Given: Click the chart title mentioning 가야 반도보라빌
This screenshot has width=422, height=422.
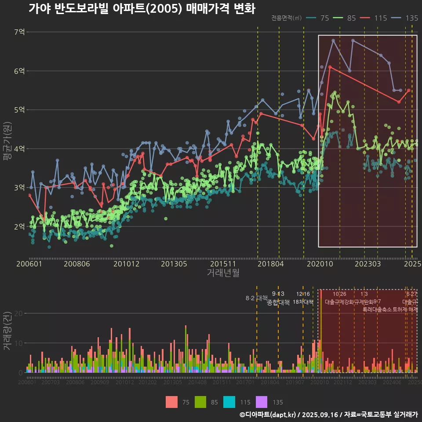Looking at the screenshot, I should pyautogui.click(x=142, y=9).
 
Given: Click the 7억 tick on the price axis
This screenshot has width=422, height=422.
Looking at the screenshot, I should pyautogui.click(x=19, y=32).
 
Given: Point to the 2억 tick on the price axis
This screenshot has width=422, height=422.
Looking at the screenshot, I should pyautogui.click(x=19, y=227).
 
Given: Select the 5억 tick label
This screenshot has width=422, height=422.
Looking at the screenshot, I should pyautogui.click(x=19, y=110).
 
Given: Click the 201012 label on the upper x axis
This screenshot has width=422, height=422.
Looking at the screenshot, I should pyautogui.click(x=126, y=264).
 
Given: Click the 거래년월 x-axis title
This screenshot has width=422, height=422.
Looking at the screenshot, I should pyautogui.click(x=223, y=273).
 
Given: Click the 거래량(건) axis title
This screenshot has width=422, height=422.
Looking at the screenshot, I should pyautogui.click(x=7, y=331).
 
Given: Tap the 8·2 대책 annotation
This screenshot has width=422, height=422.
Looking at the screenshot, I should pyautogui.click(x=256, y=298).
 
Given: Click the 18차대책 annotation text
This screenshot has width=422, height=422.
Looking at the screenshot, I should pyautogui.click(x=303, y=302).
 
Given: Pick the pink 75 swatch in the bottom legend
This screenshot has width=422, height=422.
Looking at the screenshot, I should pyautogui.click(x=172, y=402).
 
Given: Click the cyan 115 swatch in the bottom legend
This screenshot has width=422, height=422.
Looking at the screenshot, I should pyautogui.click(x=229, y=402).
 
